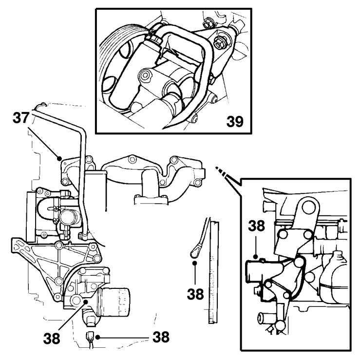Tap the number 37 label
point(21,116)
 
